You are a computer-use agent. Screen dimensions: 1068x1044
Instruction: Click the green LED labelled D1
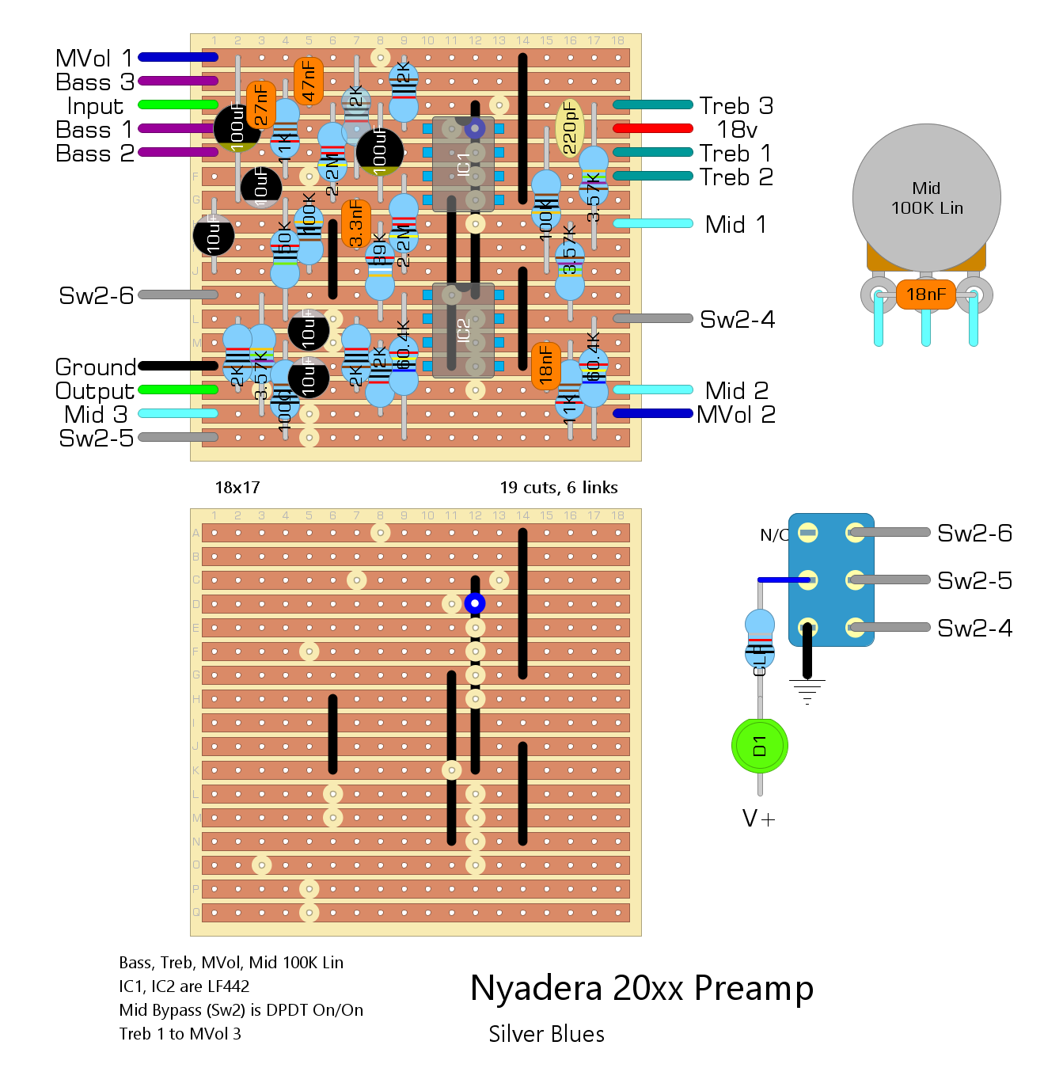pyautogui.click(x=759, y=746)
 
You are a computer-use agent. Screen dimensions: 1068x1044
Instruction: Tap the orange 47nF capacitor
pyautogui.click(x=308, y=81)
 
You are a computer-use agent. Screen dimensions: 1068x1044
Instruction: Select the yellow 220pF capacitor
pyautogui.click(x=569, y=127)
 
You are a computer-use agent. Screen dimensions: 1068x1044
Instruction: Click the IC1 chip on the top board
pyautogui.click(x=463, y=164)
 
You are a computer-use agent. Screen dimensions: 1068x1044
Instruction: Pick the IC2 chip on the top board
pyautogui.click(x=463, y=329)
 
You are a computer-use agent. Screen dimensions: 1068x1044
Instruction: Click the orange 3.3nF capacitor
pyautogui.click(x=355, y=223)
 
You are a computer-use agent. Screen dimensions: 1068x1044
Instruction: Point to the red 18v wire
pyautogui.click(x=653, y=128)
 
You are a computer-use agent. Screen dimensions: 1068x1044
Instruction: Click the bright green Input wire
pyautogui.click(x=178, y=105)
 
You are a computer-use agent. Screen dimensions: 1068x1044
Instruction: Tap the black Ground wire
pyautogui.click(x=178, y=366)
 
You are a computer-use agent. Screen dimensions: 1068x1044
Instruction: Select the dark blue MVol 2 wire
pyautogui.click(x=653, y=413)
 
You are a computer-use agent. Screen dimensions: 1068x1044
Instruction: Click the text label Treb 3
pyautogui.click(x=736, y=105)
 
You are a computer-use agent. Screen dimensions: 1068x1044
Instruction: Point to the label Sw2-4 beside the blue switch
pyautogui.click(x=974, y=628)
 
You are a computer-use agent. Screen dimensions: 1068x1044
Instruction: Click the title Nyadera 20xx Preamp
pyautogui.click(x=642, y=988)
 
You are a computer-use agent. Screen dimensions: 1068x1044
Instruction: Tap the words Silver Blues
pyautogui.click(x=546, y=1034)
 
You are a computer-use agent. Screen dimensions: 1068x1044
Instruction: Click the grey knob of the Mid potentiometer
pyautogui.click(x=926, y=198)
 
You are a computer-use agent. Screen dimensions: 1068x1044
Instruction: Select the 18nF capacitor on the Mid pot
pyautogui.click(x=925, y=295)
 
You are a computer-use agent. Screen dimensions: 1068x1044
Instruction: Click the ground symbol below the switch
pyautogui.click(x=807, y=692)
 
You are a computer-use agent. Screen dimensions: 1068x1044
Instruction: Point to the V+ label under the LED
pyautogui.click(x=759, y=819)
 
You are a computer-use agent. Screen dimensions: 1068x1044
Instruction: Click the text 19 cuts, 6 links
pyautogui.click(x=559, y=488)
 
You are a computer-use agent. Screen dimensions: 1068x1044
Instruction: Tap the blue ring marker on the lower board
pyautogui.click(x=475, y=603)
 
